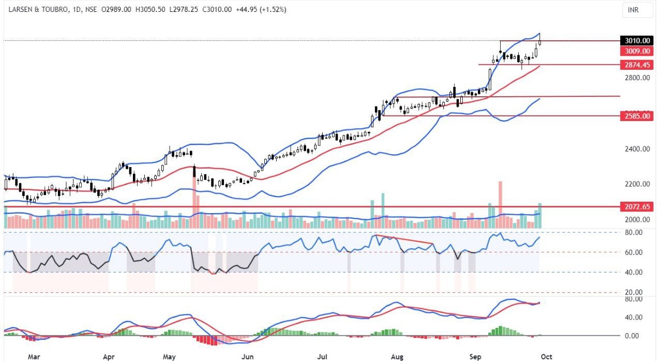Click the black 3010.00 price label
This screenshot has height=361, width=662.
point(637,40)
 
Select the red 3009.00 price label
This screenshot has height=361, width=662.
point(637,51)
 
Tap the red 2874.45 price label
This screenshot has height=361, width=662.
point(637,65)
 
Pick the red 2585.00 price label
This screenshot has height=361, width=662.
point(637,116)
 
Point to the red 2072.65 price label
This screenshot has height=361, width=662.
point(637,207)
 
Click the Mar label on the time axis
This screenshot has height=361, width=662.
point(34,356)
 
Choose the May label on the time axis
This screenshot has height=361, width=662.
point(170,356)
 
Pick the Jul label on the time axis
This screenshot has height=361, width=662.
point(322,356)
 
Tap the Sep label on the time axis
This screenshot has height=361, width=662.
point(475,356)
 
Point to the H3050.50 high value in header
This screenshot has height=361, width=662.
point(150,10)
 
